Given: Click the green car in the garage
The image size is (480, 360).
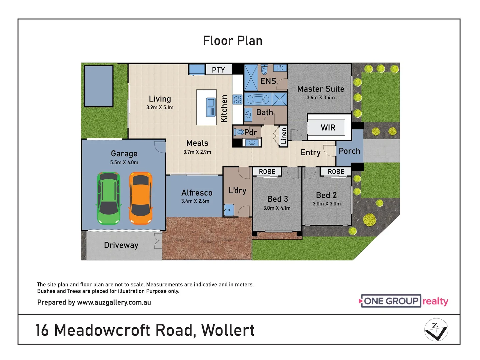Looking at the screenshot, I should click(108, 198).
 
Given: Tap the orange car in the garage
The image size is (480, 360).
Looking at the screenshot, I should click(141, 198).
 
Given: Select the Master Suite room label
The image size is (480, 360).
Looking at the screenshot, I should click(321, 89).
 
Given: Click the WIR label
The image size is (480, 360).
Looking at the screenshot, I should click(328, 128).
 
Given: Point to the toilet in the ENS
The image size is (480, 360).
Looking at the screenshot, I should click(264, 70).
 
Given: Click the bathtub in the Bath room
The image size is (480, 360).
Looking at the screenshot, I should click(258, 99).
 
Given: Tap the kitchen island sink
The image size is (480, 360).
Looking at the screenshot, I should click(211, 107).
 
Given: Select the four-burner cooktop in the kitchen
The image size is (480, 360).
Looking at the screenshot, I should click(238, 100).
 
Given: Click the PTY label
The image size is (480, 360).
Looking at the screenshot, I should click(218, 70).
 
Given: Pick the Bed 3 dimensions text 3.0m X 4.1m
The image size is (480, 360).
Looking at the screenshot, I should click(277, 208).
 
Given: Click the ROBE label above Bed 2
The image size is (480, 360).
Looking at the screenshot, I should click(336, 172).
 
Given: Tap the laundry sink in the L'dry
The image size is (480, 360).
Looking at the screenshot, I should click(229, 210).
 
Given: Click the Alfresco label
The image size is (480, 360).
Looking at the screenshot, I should click(197, 193).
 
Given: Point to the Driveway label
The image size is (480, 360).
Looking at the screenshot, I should click(121, 245).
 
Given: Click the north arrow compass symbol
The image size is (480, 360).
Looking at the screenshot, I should click(436, 330).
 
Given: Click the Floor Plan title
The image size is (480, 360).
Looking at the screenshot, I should click(233, 41).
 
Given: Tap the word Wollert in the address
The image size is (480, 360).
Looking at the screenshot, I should click(228, 330).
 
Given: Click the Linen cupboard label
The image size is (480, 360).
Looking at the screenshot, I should click(284, 136).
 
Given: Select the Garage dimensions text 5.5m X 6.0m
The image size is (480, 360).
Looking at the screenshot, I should click(124, 163).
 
